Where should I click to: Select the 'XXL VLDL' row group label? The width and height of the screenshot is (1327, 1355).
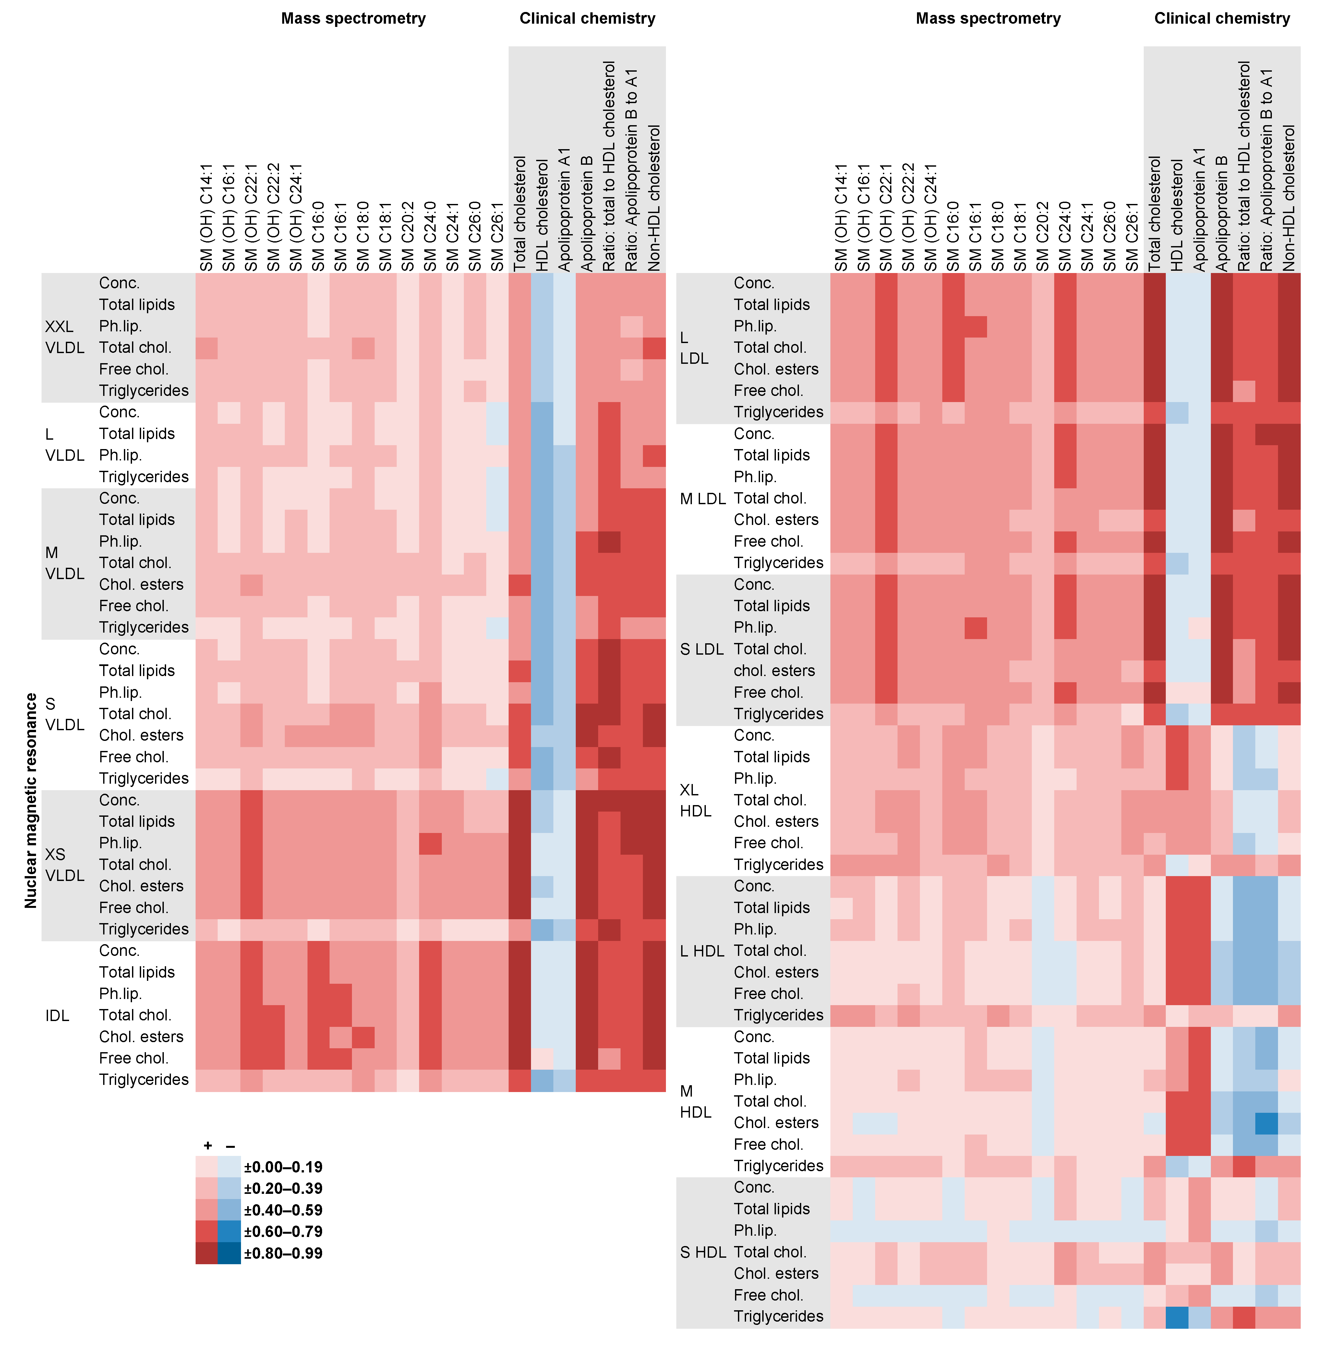(x=64, y=337)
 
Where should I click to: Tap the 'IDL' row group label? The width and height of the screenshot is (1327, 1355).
(x=57, y=1016)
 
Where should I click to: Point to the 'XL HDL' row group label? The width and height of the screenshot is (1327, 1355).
(x=695, y=801)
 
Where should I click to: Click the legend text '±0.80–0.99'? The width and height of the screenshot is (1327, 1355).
(x=283, y=1253)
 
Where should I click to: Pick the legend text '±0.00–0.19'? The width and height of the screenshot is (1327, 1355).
(x=283, y=1167)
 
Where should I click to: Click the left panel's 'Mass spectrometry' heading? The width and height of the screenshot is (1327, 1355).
(x=353, y=19)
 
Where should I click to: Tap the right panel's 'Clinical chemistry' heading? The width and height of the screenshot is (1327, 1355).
(x=1222, y=19)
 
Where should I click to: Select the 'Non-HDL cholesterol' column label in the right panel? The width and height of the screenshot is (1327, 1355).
(x=1289, y=198)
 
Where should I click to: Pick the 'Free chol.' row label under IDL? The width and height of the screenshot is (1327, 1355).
(x=134, y=1058)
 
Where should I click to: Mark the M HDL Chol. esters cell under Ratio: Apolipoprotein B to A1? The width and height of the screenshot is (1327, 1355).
(x=1266, y=1123)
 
